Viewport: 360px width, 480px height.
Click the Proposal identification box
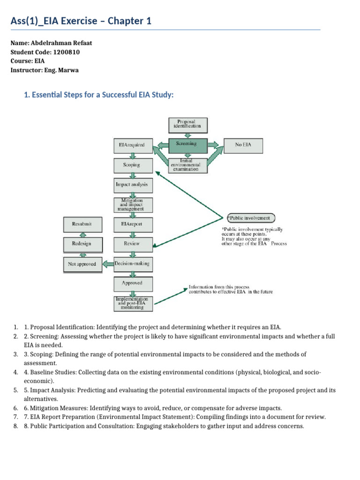[x=187, y=124]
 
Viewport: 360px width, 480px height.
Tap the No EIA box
[x=243, y=145]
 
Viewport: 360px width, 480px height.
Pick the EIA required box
[x=132, y=145]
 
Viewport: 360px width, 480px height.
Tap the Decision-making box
[x=132, y=263]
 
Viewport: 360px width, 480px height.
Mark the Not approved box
[x=82, y=264]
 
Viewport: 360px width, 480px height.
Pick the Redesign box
[x=82, y=244]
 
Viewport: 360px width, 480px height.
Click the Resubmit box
[x=82, y=224]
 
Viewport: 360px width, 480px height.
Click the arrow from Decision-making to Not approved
[x=107, y=264]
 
